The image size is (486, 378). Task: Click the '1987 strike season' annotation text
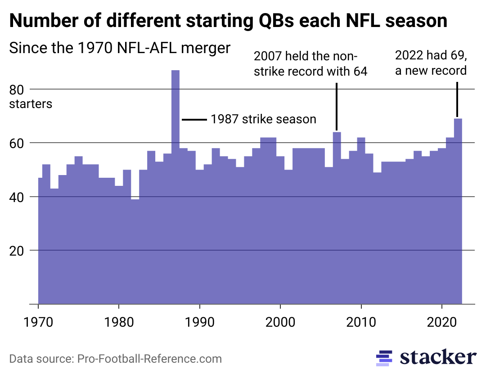263,120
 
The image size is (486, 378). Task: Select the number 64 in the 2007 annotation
360,71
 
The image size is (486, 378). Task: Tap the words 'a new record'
431,71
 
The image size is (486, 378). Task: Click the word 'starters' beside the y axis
31,104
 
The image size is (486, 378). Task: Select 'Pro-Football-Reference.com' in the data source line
149,359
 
